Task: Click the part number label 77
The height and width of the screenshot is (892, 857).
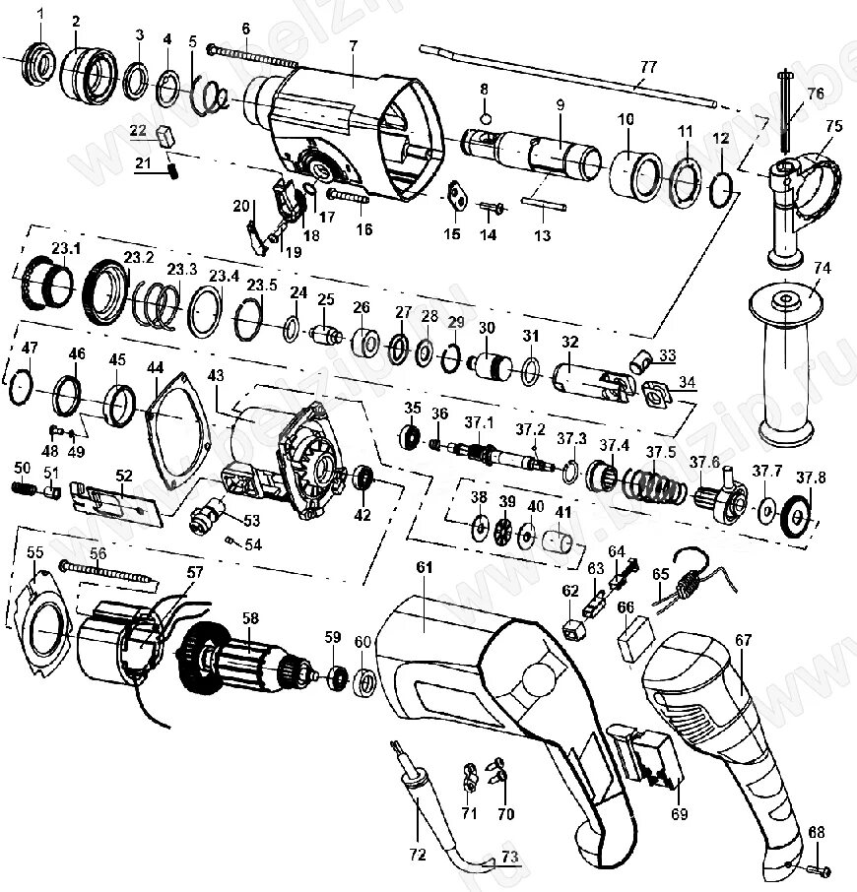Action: pos(647,67)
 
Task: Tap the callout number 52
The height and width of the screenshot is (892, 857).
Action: pos(123,475)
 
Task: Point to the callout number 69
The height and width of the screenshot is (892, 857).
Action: pos(679,814)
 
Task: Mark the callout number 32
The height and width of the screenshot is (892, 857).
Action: pos(568,342)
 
